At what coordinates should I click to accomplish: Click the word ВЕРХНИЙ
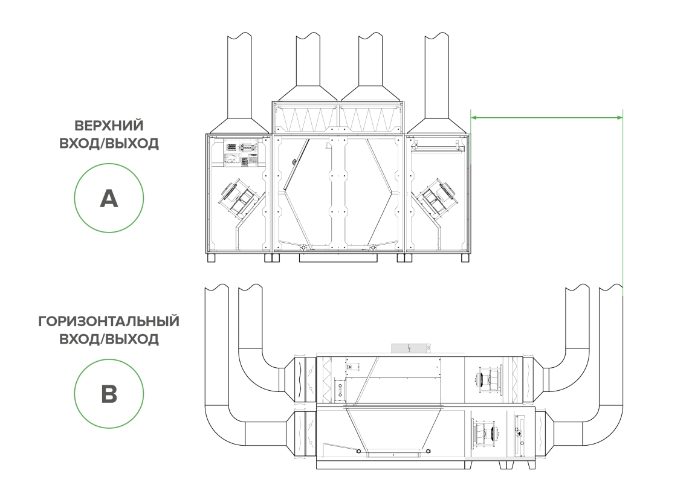(109, 126)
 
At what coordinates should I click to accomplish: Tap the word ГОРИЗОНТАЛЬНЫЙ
(109, 321)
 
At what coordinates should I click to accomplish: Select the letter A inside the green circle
(109, 199)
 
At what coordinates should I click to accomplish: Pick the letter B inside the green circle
(109, 393)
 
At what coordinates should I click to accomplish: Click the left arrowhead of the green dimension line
(473, 117)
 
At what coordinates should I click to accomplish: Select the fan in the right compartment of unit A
(436, 197)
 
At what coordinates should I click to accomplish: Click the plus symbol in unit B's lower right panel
(519, 434)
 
